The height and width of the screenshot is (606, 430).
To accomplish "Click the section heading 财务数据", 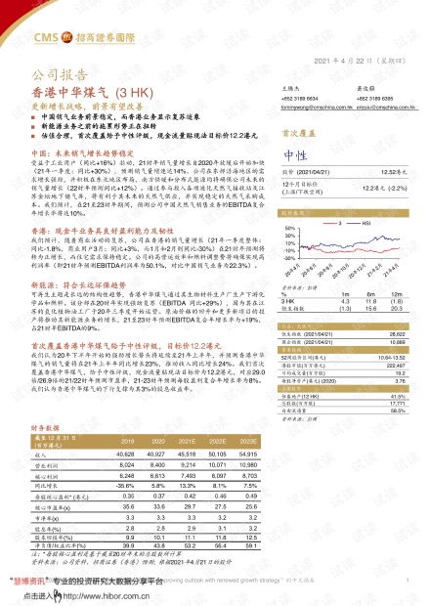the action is point(46,428).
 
